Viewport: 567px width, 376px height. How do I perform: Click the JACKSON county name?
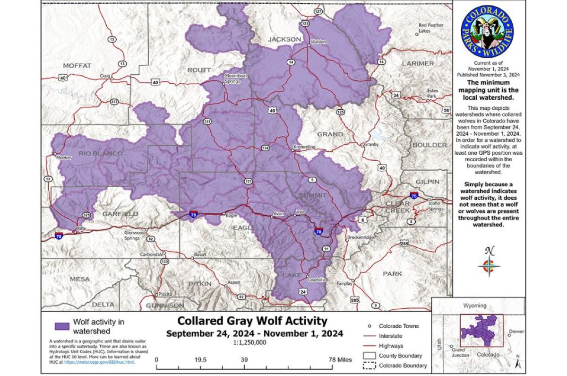pyautogui.click(x=284, y=39)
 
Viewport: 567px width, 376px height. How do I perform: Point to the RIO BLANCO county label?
pyautogui.click(x=101, y=153)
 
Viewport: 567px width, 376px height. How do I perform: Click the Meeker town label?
pyautogui.click(x=63, y=158)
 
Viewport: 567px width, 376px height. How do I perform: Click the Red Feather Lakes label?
pyautogui.click(x=430, y=28)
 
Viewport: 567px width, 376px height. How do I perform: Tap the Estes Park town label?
pyautogui.click(x=432, y=93)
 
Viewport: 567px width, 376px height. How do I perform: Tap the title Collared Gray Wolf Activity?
pyautogui.click(x=252, y=321)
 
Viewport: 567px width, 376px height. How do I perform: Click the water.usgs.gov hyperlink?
pyautogui.click(x=99, y=362)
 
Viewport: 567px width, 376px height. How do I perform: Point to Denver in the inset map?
pyautogui.click(x=517, y=332)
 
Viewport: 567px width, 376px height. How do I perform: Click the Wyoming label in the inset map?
pyautogui.click(x=475, y=306)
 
